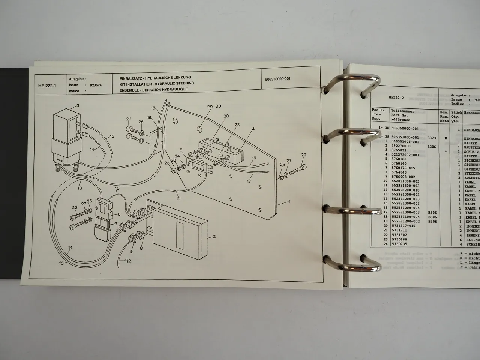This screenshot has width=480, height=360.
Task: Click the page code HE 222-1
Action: point(46,85)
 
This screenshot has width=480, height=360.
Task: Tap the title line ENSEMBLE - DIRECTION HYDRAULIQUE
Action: point(153,89)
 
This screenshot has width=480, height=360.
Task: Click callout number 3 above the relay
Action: point(78,106)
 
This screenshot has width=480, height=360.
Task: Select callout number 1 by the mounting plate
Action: point(289,202)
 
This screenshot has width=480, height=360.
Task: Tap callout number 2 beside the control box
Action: point(214,237)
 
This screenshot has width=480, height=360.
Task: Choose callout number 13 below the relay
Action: point(80,188)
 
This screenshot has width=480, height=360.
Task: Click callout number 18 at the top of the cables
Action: point(153,108)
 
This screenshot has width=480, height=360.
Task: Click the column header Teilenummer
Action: point(403,111)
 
